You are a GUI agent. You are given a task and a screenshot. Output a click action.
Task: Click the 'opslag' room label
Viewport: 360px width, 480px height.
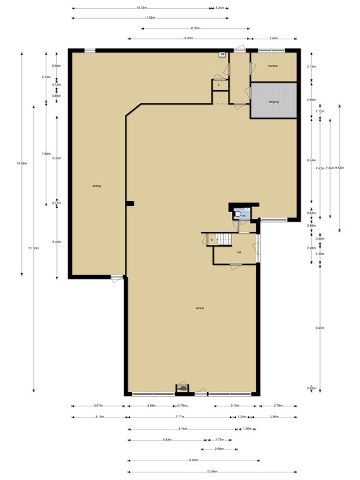[x=96, y=186]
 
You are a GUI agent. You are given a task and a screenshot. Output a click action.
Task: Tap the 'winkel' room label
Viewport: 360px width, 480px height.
[x=200, y=308]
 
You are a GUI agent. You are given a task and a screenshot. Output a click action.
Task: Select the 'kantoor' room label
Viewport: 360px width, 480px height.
[x=273, y=66]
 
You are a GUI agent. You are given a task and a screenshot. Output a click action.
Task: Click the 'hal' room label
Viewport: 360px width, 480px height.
[x=239, y=252]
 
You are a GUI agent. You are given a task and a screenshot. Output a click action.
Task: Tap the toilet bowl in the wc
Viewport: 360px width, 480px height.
[x=242, y=214]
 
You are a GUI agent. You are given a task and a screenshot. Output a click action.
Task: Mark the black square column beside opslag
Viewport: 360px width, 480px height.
[x=129, y=203]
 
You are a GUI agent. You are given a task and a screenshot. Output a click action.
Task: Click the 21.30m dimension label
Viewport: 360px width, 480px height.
[x=33, y=248]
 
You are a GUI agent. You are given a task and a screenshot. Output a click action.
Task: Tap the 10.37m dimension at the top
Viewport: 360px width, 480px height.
[x=142, y=8]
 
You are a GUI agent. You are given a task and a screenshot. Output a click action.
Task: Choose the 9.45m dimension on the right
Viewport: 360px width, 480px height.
[x=320, y=326]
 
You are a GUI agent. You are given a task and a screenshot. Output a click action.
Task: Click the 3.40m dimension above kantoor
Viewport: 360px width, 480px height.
[x=273, y=38]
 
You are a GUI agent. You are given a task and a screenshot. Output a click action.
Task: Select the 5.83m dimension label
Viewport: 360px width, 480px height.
[x=167, y=439]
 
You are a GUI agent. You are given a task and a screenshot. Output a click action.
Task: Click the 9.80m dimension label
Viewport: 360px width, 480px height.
[x=193, y=460]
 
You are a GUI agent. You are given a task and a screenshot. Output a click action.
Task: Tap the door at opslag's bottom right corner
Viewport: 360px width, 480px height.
[x=117, y=279]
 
